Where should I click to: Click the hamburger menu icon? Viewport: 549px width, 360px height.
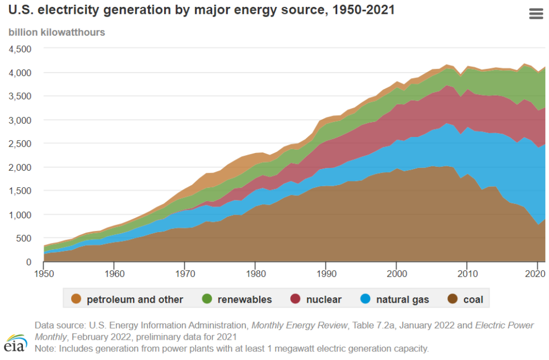[536, 14]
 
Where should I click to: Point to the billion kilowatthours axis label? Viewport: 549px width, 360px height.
[57, 32]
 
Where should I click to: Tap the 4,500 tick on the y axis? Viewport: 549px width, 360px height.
[20, 49]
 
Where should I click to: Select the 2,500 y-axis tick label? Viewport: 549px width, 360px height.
[20, 143]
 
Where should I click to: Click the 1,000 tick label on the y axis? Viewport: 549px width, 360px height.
[20, 215]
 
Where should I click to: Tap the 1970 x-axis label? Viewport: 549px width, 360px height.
[184, 274]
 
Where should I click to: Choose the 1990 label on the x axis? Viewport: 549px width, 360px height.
[326, 274]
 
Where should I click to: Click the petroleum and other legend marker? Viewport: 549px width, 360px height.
[76, 299]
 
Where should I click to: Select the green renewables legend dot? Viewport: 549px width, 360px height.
[207, 299]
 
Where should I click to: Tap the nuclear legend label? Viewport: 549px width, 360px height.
[323, 300]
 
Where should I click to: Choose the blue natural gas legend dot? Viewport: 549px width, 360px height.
[366, 299]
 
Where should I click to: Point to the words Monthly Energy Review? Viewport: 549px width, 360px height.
[299, 325]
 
